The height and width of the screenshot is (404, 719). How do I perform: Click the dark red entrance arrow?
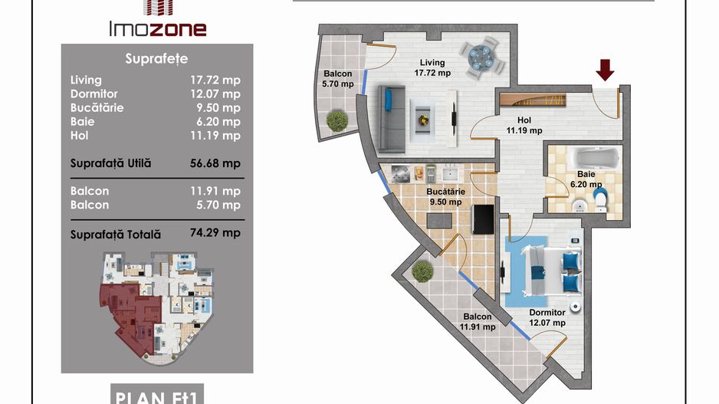(x=605, y=71)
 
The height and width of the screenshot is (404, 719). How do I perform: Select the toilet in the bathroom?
(x=600, y=201)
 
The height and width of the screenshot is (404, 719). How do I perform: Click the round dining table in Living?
(x=480, y=57)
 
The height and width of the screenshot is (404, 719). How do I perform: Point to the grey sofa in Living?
(x=392, y=118)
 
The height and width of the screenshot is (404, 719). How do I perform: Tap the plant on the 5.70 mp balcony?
(x=337, y=120)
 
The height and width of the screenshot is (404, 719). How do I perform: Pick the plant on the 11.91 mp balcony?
(x=422, y=271)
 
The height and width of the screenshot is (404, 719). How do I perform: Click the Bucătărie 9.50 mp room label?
(x=445, y=197)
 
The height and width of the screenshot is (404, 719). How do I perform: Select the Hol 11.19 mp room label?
(x=524, y=125)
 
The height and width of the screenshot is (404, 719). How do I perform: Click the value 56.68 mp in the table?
(x=215, y=163)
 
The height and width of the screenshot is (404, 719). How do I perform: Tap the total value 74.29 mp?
(x=215, y=232)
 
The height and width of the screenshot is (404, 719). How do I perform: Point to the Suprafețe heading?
(x=156, y=59)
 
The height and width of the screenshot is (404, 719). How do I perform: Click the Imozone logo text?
(x=158, y=29)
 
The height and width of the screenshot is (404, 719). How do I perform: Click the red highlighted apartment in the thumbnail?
(x=130, y=317)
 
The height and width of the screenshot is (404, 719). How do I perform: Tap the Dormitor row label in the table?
(x=94, y=94)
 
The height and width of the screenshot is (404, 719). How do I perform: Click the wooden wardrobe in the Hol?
(x=533, y=99)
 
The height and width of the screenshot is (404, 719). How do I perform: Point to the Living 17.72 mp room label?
(x=432, y=67)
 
